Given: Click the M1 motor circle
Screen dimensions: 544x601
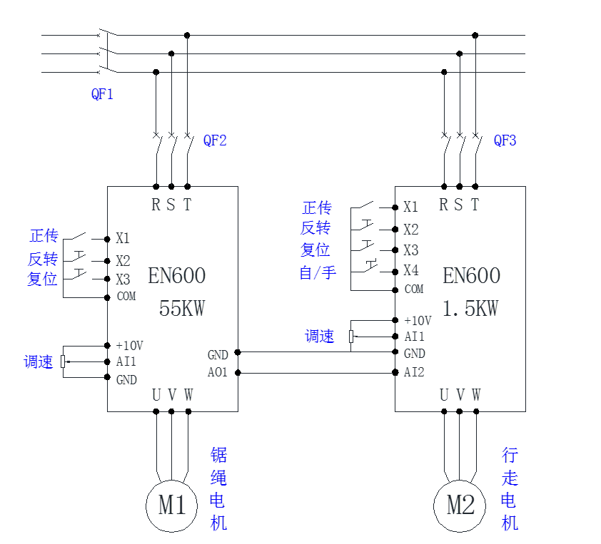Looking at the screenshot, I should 171,505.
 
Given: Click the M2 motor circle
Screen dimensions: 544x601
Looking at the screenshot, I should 460,505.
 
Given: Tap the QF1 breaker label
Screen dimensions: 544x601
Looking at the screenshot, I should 102,94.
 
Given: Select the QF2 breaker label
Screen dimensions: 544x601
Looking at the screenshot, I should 215,140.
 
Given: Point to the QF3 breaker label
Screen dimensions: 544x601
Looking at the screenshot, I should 505,140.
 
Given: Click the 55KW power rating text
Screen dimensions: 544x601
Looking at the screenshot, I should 181,309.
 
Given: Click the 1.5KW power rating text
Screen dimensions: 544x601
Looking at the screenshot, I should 470,309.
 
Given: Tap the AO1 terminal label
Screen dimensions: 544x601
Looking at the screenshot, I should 218,372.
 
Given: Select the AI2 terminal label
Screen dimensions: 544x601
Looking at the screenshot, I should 414,372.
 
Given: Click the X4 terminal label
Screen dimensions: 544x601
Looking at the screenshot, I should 410,271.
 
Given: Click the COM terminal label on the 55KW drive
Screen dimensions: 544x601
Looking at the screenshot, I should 126,297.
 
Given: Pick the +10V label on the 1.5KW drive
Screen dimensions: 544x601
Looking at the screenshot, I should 418,321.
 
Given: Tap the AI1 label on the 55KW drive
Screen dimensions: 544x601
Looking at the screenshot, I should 126,362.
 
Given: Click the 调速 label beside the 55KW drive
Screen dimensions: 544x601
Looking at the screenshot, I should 39,362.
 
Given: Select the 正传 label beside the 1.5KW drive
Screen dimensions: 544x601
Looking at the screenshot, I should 317,207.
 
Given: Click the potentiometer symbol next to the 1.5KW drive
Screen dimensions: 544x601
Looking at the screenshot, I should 351,337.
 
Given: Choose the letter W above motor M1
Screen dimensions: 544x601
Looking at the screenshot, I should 188,394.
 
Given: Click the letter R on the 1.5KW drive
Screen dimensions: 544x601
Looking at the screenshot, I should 443,205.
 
